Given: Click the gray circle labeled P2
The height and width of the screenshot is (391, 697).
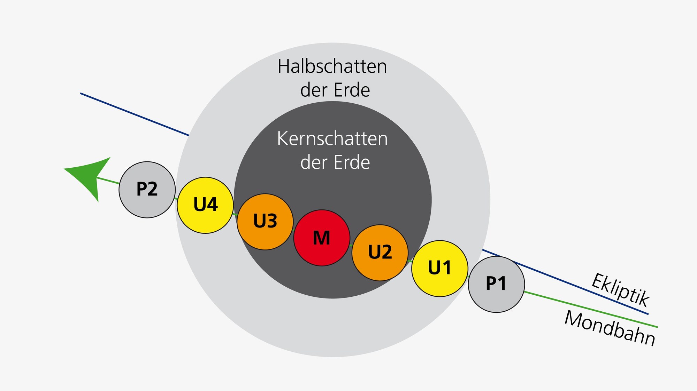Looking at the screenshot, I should [147, 190].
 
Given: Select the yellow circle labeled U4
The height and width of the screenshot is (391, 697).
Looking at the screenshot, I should [205, 205].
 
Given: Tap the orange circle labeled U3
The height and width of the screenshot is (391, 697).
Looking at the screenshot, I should [265, 222].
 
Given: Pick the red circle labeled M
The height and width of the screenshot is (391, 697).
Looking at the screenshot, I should [322, 238].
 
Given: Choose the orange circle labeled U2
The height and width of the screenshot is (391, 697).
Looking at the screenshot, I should [380, 253].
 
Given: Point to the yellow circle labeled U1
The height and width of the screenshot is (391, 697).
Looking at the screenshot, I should [439, 268].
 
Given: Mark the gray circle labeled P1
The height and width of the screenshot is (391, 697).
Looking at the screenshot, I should [496, 284].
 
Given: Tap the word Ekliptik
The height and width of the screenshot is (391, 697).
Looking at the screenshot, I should [620, 290].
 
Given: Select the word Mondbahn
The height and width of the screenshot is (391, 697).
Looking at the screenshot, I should [610, 328].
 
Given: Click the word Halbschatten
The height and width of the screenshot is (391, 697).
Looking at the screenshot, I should [332, 66].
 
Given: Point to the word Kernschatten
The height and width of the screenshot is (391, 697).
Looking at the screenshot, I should [332, 139].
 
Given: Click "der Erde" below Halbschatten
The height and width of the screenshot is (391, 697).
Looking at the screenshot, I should [335, 90].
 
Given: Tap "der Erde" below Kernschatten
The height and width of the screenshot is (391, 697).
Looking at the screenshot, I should [335, 162].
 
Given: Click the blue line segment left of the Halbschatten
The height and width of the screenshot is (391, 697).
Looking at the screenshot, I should [134, 114].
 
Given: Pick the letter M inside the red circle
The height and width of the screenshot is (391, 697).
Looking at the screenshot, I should [321, 238].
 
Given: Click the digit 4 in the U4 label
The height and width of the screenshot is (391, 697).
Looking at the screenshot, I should [212, 205].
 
